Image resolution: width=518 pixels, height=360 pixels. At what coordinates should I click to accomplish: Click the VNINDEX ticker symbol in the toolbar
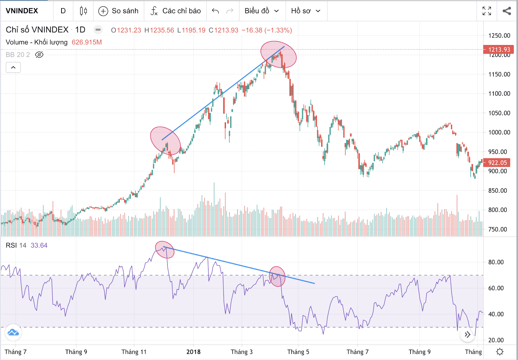point(22,11)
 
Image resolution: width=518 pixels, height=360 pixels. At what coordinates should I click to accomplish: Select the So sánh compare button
point(118,11)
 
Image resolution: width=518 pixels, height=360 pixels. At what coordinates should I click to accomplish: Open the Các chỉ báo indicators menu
point(176,11)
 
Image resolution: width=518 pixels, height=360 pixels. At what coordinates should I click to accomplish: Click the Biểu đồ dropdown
point(262,11)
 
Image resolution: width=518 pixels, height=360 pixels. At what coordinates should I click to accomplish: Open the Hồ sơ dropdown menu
point(306,11)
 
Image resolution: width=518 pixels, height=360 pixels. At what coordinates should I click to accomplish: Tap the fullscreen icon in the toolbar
point(487,11)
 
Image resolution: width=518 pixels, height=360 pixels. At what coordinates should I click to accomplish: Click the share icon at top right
point(507,11)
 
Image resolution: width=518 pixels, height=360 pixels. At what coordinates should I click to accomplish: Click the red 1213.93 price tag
point(499,50)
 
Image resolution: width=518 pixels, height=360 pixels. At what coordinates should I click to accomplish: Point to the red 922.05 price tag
point(497,163)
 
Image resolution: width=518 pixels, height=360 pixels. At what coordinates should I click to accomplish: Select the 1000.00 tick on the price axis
point(499,132)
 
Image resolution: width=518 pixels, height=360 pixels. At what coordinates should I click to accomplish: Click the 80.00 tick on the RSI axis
point(496,262)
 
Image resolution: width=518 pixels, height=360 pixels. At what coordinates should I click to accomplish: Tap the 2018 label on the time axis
point(193,352)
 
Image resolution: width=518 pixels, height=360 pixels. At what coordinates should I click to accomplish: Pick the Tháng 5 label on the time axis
point(298,352)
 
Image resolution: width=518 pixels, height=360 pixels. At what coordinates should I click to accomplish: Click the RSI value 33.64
point(39,245)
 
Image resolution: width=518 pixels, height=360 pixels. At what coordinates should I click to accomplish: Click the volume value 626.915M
point(86,42)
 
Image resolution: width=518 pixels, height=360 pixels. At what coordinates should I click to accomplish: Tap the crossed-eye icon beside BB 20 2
point(39,55)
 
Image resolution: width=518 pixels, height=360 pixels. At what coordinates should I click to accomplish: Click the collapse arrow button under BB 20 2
point(13,67)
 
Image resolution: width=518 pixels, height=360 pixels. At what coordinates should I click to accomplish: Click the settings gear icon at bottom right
point(500,352)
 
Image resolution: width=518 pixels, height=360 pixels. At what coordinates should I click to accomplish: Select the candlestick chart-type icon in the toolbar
point(83,11)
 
